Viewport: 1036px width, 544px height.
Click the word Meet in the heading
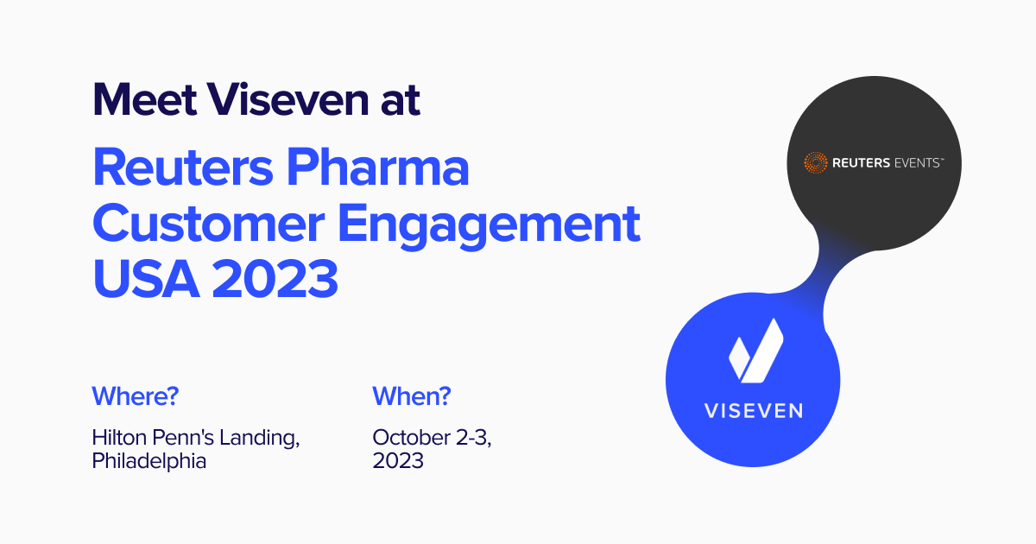pos(145,99)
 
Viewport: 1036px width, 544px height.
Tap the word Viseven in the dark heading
pos(287,99)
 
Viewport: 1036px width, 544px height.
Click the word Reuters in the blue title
pos(183,167)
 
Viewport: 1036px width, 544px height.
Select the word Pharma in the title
pos(378,167)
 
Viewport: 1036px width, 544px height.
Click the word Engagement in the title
pos(490,226)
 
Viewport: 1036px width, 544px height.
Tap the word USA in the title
pos(146,279)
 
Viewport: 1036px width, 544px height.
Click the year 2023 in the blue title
pos(275,279)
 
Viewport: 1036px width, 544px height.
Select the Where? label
pos(135,396)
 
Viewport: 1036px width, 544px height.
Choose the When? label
pos(412,396)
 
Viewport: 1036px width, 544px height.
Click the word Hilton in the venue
pos(119,437)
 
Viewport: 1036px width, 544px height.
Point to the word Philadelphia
pos(148,461)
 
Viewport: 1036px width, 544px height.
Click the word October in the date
pos(412,437)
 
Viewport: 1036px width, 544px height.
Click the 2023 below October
pos(398,461)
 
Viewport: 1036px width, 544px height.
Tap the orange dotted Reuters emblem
pos(815,163)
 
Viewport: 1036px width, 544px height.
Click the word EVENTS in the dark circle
pos(918,163)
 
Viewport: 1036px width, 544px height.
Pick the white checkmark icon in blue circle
pos(756,351)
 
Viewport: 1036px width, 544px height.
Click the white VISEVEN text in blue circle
pos(754,411)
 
